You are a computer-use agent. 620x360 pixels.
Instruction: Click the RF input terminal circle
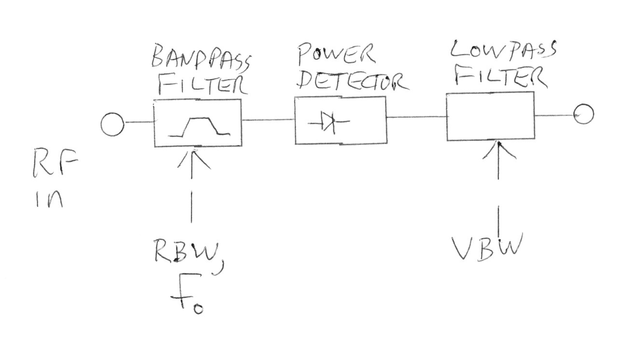point(113,124)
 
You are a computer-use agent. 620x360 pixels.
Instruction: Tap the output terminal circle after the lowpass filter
point(584,114)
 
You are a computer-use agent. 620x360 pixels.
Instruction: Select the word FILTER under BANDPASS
point(202,86)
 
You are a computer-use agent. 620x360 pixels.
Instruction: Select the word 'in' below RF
point(49,198)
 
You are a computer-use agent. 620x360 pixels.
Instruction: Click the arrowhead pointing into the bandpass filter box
point(194,157)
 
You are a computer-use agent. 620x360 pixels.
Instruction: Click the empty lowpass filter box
point(490,116)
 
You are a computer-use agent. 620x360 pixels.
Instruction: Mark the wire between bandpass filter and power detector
point(268,120)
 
